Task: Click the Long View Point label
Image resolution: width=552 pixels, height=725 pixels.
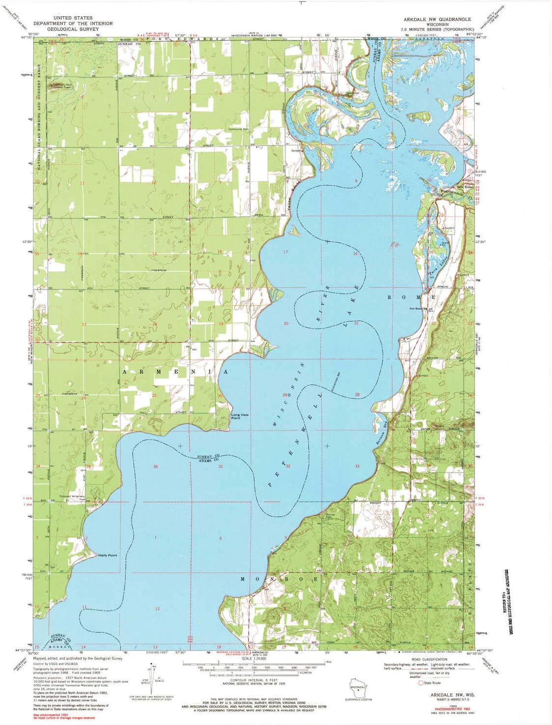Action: coord(240,416)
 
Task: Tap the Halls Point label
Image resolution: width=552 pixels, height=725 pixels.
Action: coord(107,555)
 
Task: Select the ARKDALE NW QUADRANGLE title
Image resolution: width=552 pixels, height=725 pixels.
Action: coord(437,19)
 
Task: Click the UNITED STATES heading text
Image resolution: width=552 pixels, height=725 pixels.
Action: coord(72,18)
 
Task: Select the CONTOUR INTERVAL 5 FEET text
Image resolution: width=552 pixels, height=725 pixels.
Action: coord(254,681)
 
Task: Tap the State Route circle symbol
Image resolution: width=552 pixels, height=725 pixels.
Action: coord(420,683)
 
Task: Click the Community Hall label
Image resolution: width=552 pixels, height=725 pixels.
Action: coord(239,129)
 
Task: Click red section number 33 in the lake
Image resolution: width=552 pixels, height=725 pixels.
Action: coord(357,466)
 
